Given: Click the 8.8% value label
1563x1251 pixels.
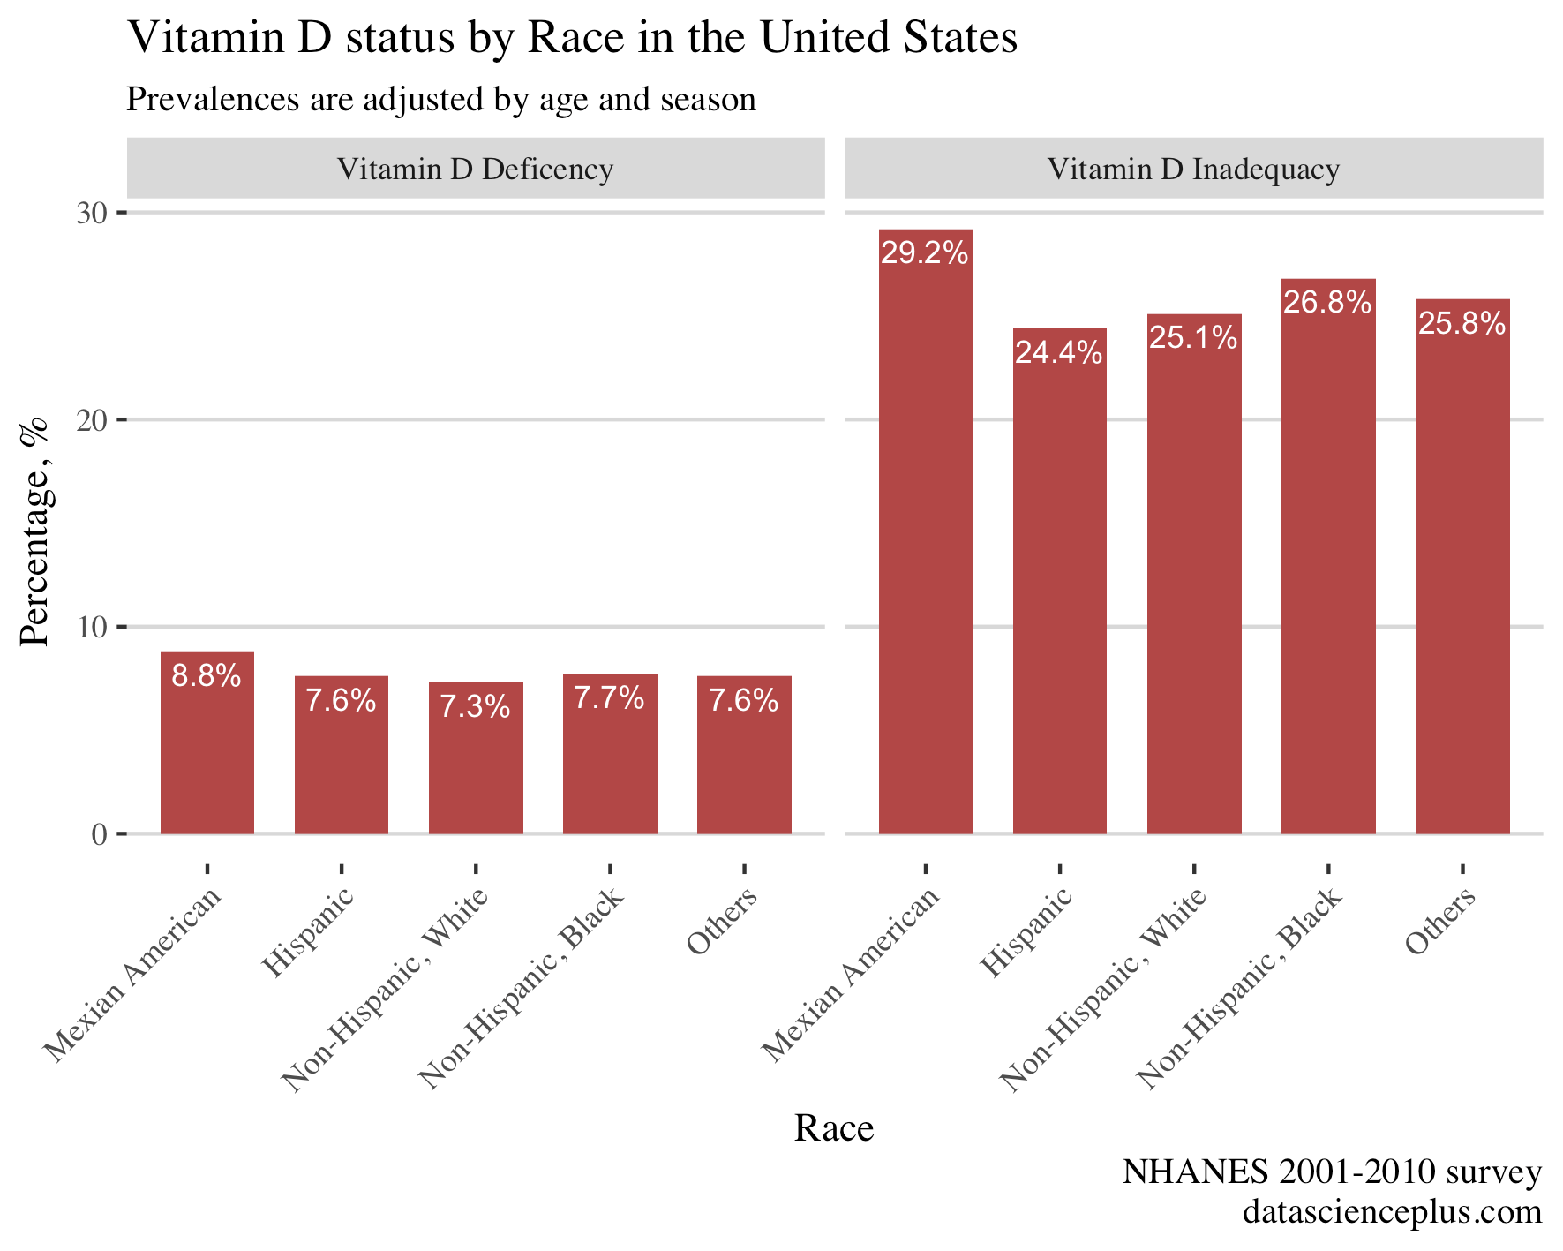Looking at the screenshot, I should [207, 676].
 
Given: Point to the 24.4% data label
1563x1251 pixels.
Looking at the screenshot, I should [1058, 353].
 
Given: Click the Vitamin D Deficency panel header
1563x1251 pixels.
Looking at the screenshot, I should [475, 169].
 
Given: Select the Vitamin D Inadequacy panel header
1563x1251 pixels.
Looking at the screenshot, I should [1193, 169].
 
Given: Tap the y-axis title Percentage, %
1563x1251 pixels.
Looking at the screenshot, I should [35, 532].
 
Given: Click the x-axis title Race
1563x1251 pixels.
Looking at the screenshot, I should [833, 1128].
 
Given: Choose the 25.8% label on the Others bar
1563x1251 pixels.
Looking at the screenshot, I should [1462, 324].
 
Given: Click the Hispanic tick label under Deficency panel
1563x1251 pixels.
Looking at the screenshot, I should [309, 933].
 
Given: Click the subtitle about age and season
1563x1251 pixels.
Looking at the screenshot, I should [441, 99].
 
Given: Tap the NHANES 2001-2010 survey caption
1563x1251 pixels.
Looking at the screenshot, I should [1331, 1172].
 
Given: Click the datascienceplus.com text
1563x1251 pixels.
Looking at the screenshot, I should [1392, 1211].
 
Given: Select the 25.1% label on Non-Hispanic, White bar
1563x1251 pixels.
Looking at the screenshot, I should [1193, 337].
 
